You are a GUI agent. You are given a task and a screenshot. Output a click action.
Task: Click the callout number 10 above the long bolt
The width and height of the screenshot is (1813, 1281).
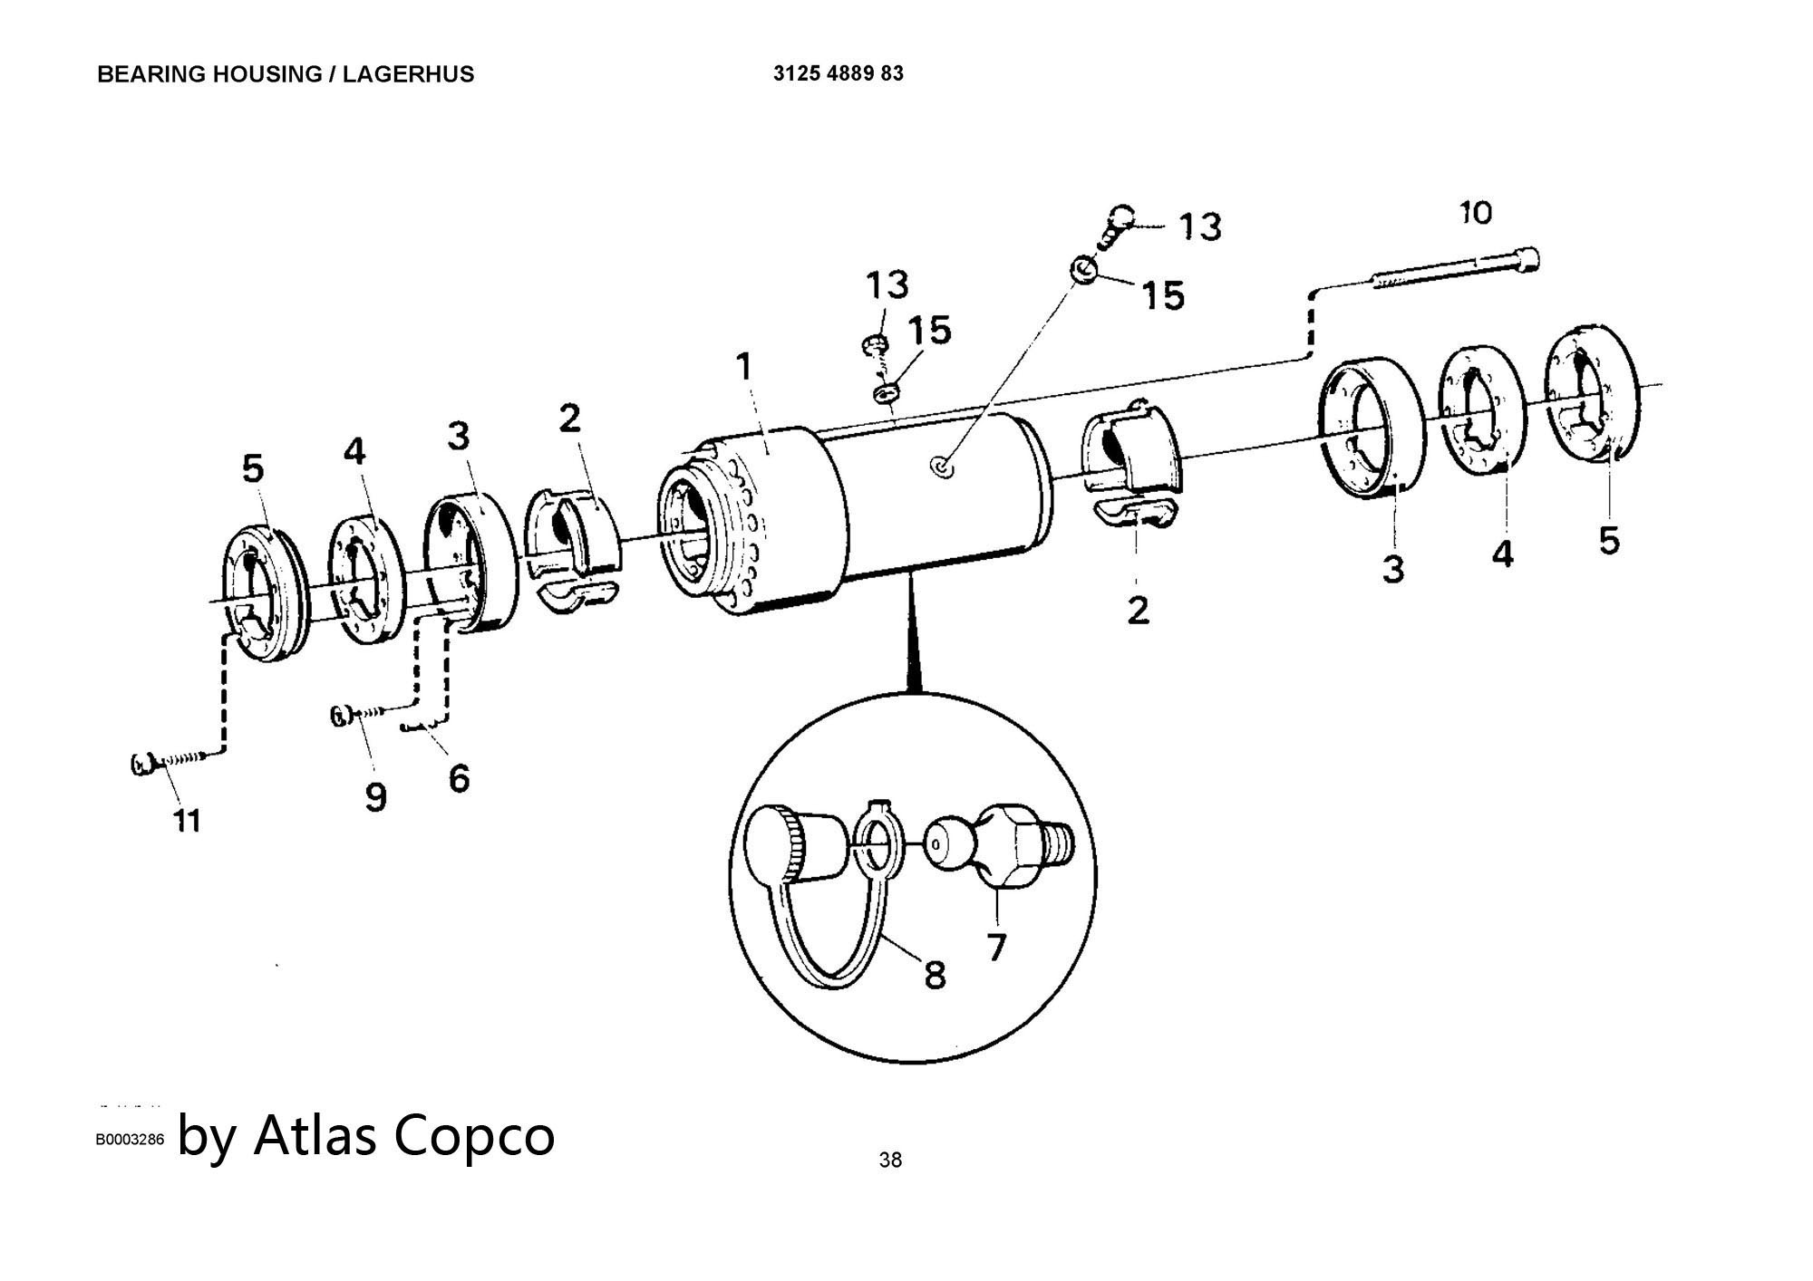click(x=1476, y=214)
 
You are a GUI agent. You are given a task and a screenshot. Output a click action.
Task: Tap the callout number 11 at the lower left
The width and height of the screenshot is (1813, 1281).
click(x=187, y=821)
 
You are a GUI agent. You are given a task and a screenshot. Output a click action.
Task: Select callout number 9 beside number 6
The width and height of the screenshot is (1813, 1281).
click(x=375, y=796)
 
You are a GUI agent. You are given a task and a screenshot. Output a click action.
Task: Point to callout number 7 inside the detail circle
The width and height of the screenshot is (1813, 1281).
click(x=996, y=947)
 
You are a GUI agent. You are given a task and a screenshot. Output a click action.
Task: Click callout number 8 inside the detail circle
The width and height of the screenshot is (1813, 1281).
click(x=935, y=975)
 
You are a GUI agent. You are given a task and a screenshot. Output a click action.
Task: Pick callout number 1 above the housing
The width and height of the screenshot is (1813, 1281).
click(x=744, y=367)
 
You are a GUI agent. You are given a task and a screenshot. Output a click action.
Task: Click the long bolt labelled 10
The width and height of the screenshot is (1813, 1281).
click(x=1455, y=269)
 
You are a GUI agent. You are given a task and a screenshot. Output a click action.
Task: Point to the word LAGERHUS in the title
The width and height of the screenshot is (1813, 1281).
click(x=421, y=74)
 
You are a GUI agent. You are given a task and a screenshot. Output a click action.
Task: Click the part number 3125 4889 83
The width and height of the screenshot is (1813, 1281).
click(x=838, y=73)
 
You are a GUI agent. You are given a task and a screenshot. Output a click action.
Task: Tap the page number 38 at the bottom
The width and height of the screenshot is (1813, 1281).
click(x=890, y=1160)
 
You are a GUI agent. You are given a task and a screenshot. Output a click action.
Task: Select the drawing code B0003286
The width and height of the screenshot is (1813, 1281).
click(x=131, y=1140)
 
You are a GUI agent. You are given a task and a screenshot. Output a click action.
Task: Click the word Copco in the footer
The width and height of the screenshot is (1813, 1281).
click(x=474, y=1136)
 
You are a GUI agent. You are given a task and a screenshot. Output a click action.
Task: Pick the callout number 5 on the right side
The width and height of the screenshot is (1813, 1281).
click(x=1609, y=541)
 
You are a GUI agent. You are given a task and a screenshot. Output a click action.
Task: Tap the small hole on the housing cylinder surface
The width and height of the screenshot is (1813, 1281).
click(x=943, y=468)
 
